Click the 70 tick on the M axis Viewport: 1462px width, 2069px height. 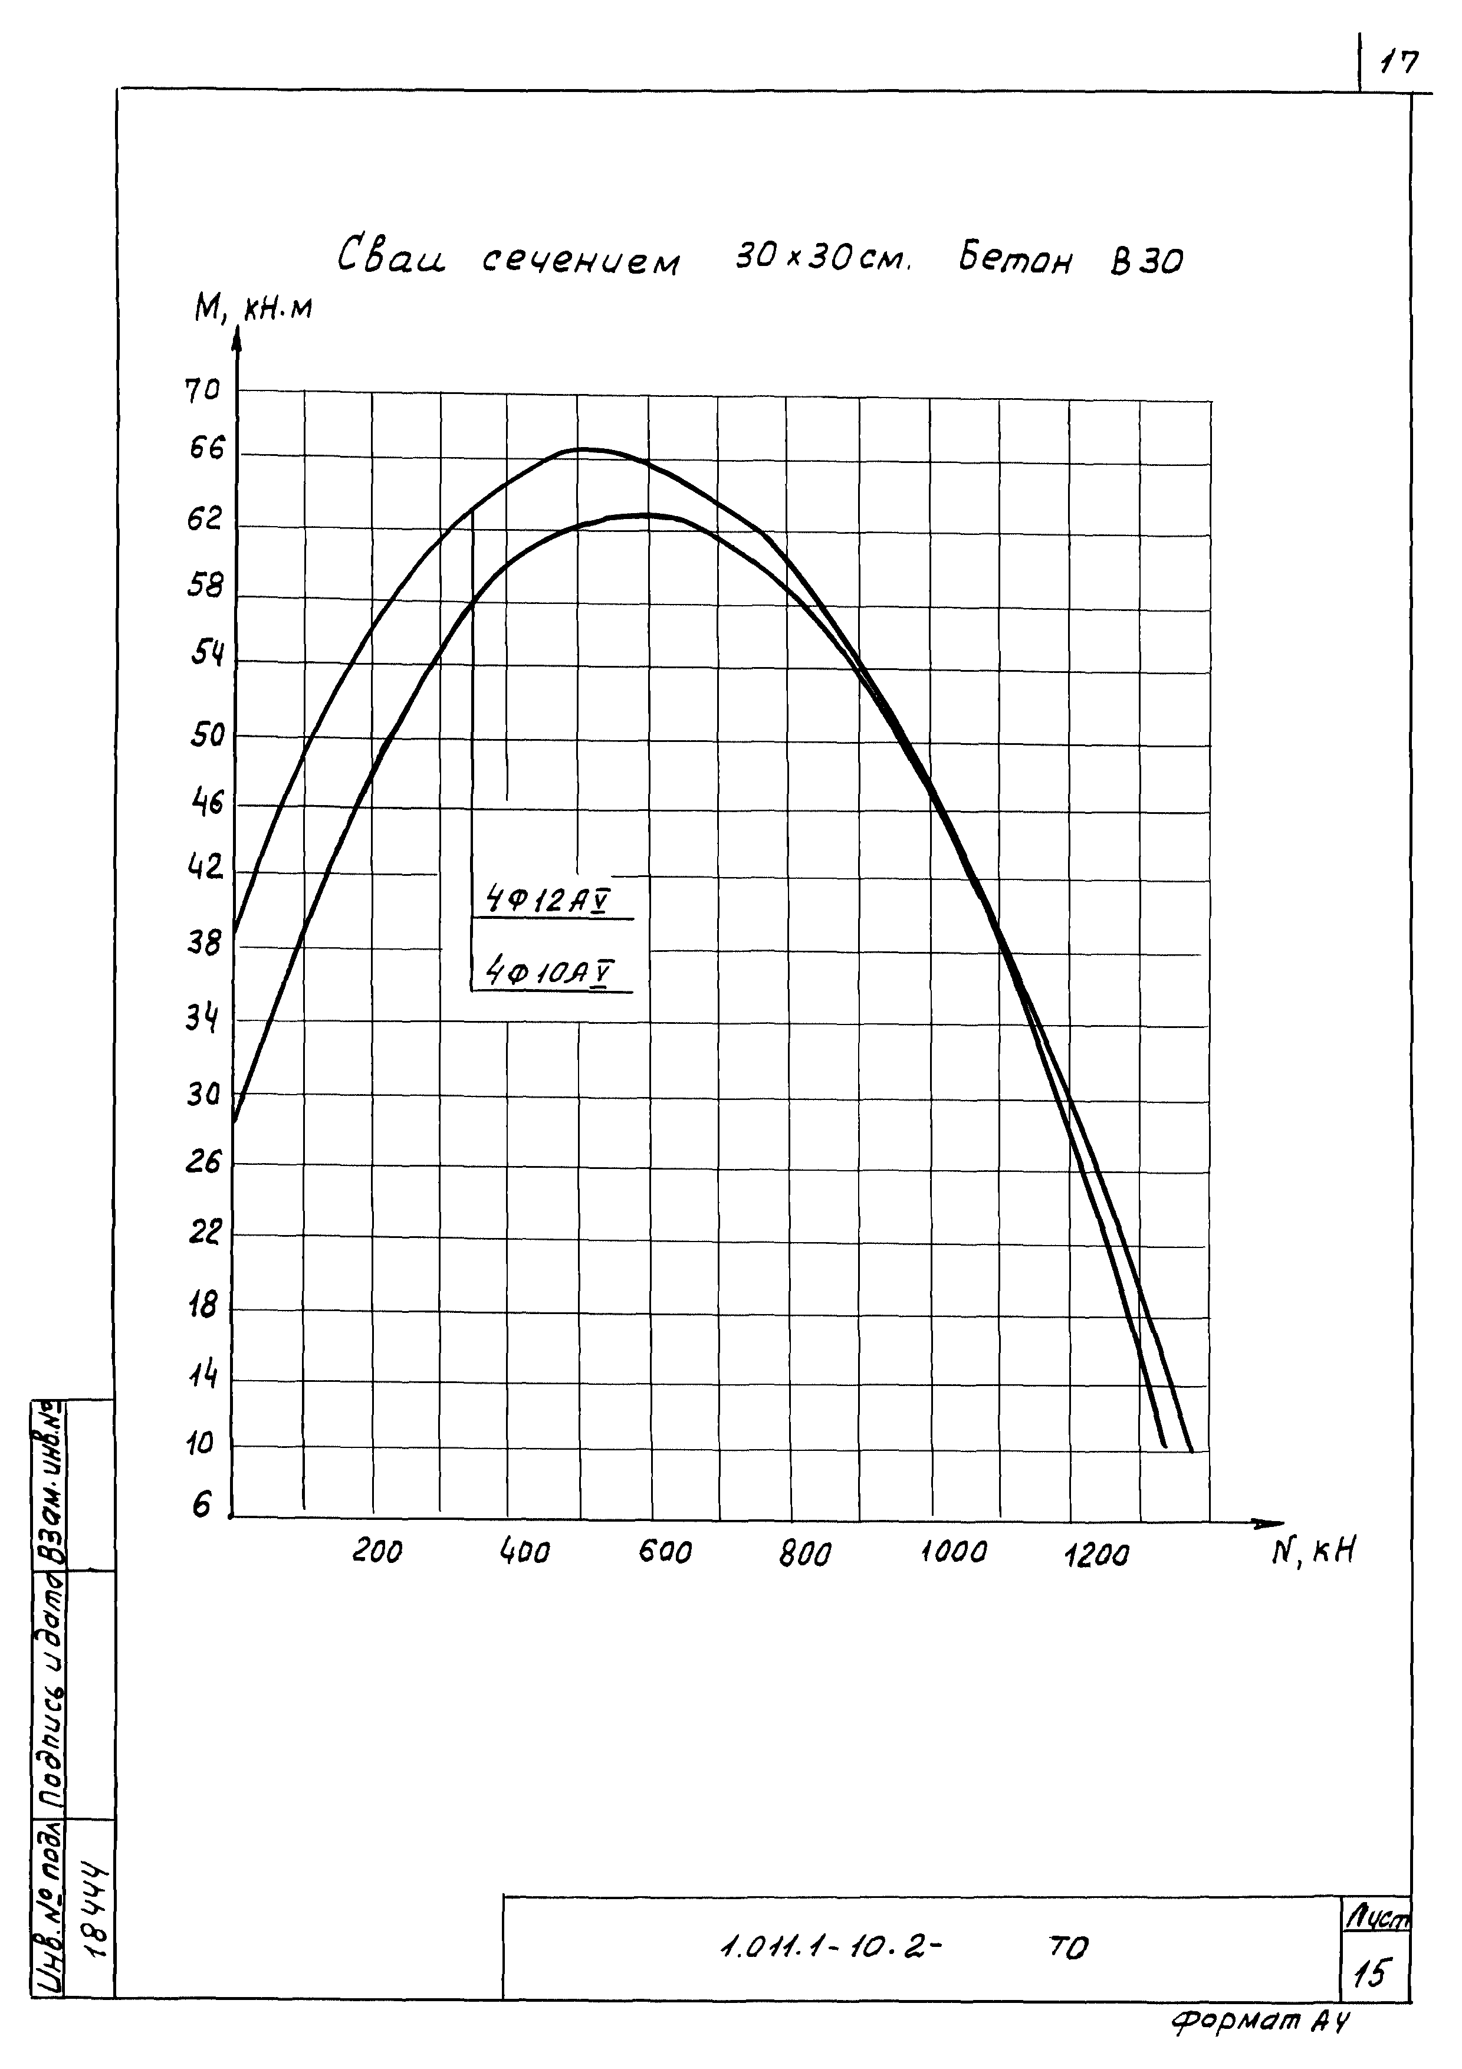click(x=203, y=392)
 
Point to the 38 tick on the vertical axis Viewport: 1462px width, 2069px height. click(x=203, y=944)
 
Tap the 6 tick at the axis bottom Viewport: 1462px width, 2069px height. click(x=202, y=1505)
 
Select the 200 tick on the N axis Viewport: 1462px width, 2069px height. click(x=376, y=1550)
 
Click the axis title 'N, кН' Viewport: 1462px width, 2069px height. click(x=1313, y=1550)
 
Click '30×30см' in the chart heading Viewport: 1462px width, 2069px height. click(x=823, y=261)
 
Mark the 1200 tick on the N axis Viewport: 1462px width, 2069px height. click(x=1096, y=1553)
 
